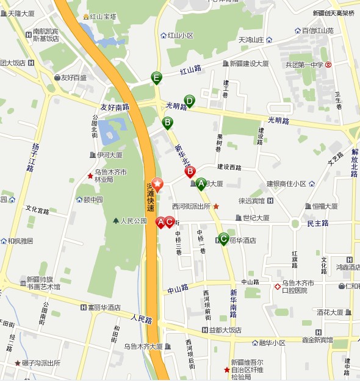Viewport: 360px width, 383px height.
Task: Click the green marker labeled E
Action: click(157, 77)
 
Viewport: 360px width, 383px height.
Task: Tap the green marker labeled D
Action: click(190, 101)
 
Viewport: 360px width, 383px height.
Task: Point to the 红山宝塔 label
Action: click(107, 16)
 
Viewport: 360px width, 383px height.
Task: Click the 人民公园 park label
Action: click(134, 221)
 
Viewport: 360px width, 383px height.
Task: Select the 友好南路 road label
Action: click(115, 107)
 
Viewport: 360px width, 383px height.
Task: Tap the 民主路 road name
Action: click(318, 223)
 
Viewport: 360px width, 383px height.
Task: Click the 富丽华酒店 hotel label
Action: click(104, 307)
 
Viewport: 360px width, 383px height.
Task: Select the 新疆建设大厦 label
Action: click(249, 63)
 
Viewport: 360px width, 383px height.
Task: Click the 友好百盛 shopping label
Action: click(73, 77)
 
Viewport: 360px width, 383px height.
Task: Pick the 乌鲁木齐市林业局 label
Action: click(110, 176)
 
